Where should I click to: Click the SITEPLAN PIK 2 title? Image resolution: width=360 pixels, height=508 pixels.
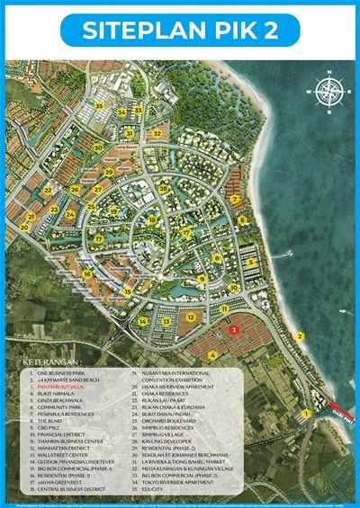(180, 30)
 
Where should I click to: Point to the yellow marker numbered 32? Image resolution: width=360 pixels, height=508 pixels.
(157, 133)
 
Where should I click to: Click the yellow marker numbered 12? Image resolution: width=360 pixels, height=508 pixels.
(190, 316)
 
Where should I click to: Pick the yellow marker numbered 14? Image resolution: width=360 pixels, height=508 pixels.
(143, 321)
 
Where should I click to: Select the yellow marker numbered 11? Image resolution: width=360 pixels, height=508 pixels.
(223, 307)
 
